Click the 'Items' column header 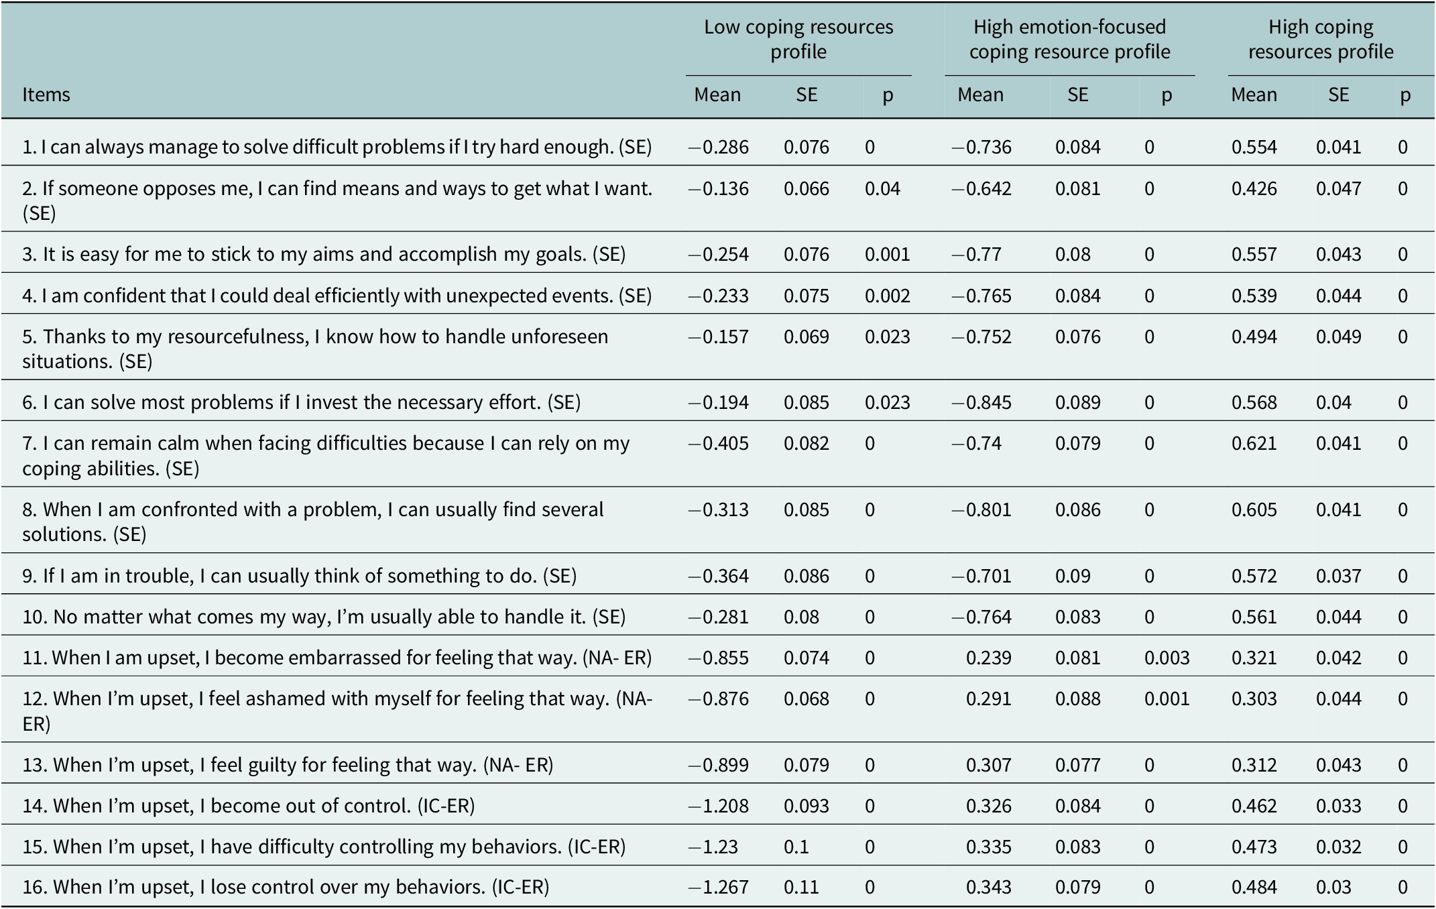pyautogui.click(x=46, y=95)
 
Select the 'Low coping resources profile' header pyautogui.click(x=798, y=39)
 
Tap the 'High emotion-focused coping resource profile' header pyautogui.click(x=1069, y=39)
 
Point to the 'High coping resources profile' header pyautogui.click(x=1321, y=39)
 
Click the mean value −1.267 pyautogui.click(x=719, y=887)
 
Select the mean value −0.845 pyautogui.click(x=981, y=402)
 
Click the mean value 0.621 pyautogui.click(x=1254, y=443)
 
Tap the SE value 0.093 pyautogui.click(x=806, y=805)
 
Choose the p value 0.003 pyautogui.click(x=1167, y=658)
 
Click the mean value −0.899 pyautogui.click(x=719, y=765)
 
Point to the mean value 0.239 pyautogui.click(x=989, y=658)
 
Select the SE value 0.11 pyautogui.click(x=800, y=887)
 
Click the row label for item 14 pyautogui.click(x=249, y=805)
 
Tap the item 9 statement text pyautogui.click(x=300, y=576)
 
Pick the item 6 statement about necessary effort pyautogui.click(x=302, y=402)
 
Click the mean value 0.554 pyautogui.click(x=1254, y=147)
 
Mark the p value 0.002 pyautogui.click(x=888, y=296)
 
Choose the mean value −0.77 pyautogui.click(x=977, y=254)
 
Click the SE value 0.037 pyautogui.click(x=1339, y=576)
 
